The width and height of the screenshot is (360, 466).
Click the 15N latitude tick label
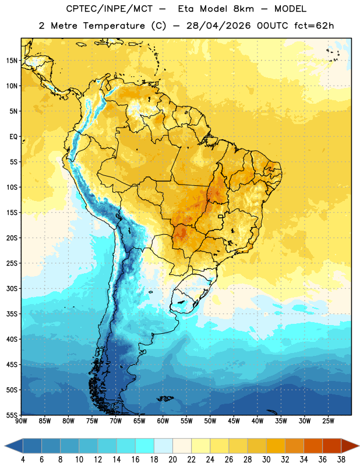tap(12, 61)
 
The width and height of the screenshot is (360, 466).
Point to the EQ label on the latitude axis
tap(13, 137)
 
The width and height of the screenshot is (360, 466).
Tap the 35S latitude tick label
tap(12, 314)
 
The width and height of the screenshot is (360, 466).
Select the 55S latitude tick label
tap(12, 415)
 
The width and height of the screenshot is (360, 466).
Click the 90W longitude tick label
tap(21, 421)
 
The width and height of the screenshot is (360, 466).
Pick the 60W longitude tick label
tap(163, 421)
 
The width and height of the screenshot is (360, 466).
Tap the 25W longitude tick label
tap(328, 421)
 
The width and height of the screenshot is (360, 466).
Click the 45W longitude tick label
tap(234, 421)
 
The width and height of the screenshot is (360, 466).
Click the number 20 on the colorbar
tap(172, 460)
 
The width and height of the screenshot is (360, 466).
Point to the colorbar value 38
tap(341, 460)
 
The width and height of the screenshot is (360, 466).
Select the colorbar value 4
tap(23, 460)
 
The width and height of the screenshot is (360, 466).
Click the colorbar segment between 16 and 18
tap(145, 446)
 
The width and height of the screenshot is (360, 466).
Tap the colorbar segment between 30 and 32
tap(276, 446)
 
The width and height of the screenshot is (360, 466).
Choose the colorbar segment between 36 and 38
tap(332, 446)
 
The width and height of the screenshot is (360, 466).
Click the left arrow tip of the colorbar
tap(5, 446)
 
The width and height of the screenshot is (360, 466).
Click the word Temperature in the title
tap(114, 26)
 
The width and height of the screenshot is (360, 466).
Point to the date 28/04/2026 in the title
tap(218, 26)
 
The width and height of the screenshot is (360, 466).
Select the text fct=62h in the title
tap(314, 26)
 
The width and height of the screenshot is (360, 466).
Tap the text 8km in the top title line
tap(243, 9)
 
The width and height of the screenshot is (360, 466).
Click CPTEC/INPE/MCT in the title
tap(110, 9)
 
